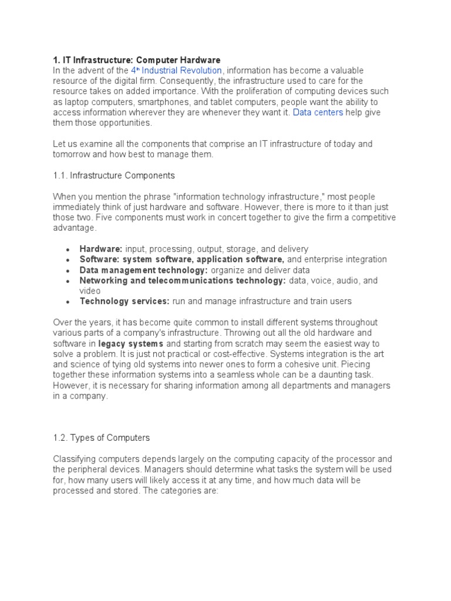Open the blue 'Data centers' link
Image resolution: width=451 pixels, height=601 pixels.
pos(318,112)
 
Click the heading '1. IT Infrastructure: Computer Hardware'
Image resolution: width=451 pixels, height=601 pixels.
pos(137,60)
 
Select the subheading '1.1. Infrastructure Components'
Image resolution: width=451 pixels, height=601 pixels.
pos(114,175)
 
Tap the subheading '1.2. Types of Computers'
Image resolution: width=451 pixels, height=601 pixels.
pos(102,437)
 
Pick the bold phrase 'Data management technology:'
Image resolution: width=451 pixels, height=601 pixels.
pos(144,270)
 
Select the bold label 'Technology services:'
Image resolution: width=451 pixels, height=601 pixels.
pos(124,301)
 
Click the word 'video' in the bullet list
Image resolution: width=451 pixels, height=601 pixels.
pos(90,291)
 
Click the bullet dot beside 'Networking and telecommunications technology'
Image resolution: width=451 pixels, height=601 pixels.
pos(68,281)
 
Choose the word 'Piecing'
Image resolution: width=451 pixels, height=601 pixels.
pos(355,364)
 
